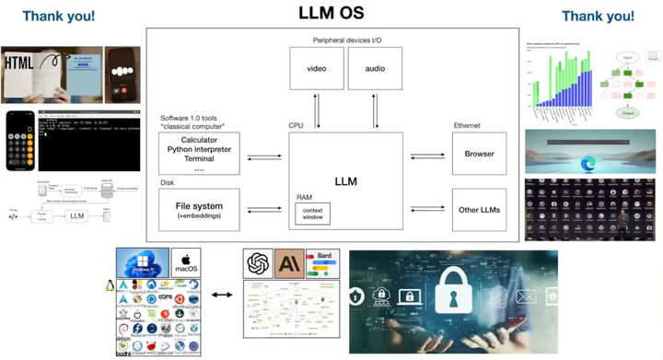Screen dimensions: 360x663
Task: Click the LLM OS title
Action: tap(331, 13)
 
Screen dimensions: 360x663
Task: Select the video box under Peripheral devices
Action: tap(317, 69)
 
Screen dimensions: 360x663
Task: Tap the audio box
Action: tap(375, 69)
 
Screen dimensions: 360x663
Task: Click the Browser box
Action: tap(479, 154)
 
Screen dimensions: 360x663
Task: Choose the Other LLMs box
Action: tap(479, 210)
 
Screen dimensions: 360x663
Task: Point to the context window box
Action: tap(313, 215)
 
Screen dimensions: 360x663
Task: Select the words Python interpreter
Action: tap(199, 148)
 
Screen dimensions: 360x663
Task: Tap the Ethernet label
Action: tap(467, 126)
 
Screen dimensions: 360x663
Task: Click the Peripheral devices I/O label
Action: tap(346, 40)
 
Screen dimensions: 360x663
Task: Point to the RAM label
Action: tap(305, 197)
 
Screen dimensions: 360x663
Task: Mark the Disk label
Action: tap(168, 182)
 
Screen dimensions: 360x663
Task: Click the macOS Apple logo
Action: tap(186, 260)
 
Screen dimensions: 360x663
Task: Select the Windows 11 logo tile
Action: tap(143, 262)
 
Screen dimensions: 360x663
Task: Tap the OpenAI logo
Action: tap(259, 264)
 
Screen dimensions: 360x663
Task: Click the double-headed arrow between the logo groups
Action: tap(221, 296)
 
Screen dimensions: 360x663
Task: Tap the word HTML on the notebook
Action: tap(20, 64)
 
